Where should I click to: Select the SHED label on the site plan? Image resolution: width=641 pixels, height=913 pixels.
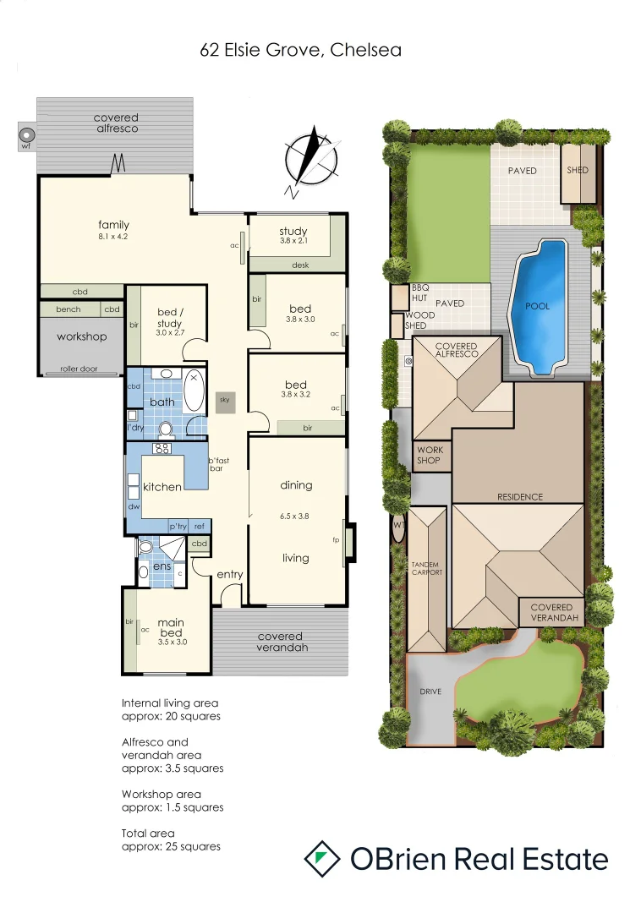point(578,170)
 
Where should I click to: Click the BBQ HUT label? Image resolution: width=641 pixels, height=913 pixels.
point(420,292)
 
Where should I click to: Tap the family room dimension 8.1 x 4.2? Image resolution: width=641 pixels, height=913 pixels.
point(113,237)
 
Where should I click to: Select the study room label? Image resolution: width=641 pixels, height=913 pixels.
point(293,231)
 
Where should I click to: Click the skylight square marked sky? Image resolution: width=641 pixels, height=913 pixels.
point(224,403)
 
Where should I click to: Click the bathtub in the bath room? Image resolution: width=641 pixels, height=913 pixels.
point(194,390)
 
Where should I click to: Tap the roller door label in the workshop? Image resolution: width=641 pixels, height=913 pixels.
point(79,369)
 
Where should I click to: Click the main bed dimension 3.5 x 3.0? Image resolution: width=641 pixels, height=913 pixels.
point(171,642)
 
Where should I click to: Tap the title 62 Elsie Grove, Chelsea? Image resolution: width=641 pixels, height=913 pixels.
point(300,50)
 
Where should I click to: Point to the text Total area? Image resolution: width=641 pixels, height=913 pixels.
point(148,834)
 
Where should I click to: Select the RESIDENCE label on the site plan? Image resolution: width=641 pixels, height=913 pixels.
point(520,497)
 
